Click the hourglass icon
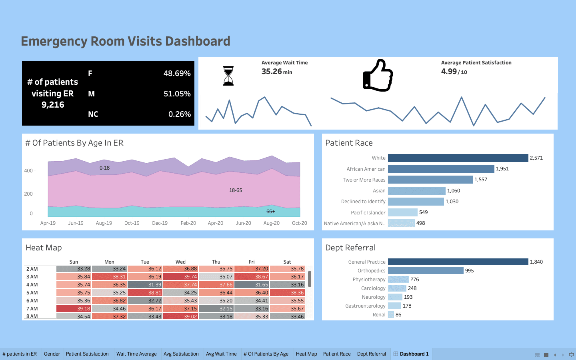(x=228, y=76)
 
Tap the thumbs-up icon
(x=378, y=76)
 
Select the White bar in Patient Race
(x=458, y=158)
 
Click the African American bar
(x=441, y=169)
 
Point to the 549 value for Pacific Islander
(x=423, y=212)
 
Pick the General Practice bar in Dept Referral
(x=458, y=262)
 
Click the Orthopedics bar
(x=426, y=271)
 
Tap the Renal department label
(x=379, y=315)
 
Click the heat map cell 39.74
(x=180, y=276)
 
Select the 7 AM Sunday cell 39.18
(x=74, y=308)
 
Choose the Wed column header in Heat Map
(x=180, y=262)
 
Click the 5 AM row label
(x=32, y=293)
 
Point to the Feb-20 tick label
(x=188, y=223)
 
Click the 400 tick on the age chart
(x=28, y=171)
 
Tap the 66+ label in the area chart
(x=270, y=212)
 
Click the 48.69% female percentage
(x=177, y=74)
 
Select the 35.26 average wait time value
(x=272, y=72)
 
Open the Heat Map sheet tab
(x=306, y=354)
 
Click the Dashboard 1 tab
(x=414, y=354)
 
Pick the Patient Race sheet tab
(x=337, y=354)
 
